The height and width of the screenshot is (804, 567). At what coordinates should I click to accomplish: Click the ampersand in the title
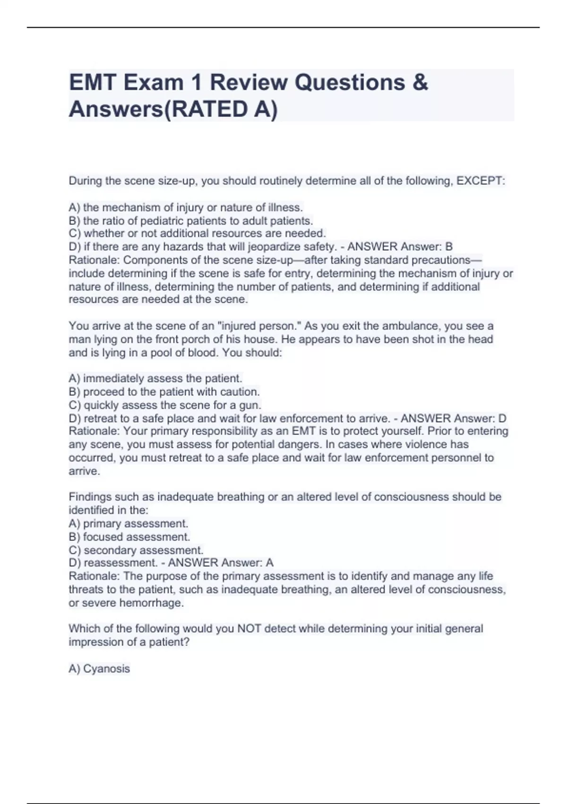pyautogui.click(x=420, y=83)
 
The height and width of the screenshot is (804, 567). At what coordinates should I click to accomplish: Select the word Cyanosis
pyautogui.click(x=106, y=669)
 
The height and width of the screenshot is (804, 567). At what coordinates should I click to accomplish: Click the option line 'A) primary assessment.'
pyautogui.click(x=129, y=524)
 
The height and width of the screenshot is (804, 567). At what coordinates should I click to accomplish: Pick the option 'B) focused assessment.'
pyautogui.click(x=129, y=537)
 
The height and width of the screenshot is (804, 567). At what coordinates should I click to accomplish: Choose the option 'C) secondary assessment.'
pyautogui.click(x=136, y=551)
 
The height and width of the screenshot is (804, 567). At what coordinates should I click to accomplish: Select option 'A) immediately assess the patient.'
pyautogui.click(x=155, y=378)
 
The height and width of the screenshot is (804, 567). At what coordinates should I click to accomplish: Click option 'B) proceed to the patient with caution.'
pyautogui.click(x=164, y=392)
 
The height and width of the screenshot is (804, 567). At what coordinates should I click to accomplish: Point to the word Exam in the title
pyautogui.click(x=154, y=83)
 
